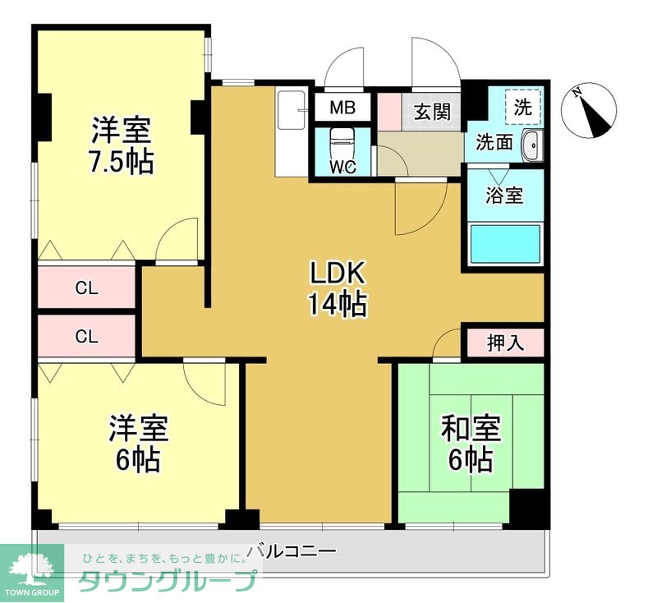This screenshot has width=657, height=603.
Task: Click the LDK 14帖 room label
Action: click(x=337, y=288)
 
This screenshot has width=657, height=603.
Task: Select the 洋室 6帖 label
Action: click(x=138, y=443)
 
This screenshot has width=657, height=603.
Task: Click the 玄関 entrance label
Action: click(x=431, y=111)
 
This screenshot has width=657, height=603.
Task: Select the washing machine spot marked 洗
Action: click(x=522, y=106)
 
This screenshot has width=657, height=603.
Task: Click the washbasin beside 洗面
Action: click(x=531, y=145)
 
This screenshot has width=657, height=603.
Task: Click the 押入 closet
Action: click(x=504, y=343)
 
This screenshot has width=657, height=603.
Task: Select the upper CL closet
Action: click(x=87, y=288)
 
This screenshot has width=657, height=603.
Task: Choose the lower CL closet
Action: click(x=87, y=336)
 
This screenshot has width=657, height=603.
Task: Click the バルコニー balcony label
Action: click(x=292, y=551)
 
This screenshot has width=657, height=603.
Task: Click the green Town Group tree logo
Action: click(x=31, y=565)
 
